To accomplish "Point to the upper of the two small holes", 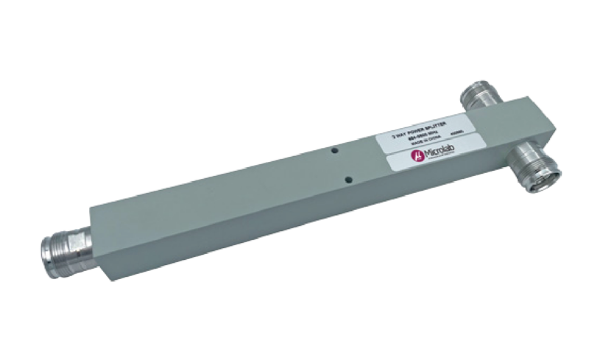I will click(334, 149).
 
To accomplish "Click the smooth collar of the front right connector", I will click(524, 156).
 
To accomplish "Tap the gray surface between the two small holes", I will click(342, 163).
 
